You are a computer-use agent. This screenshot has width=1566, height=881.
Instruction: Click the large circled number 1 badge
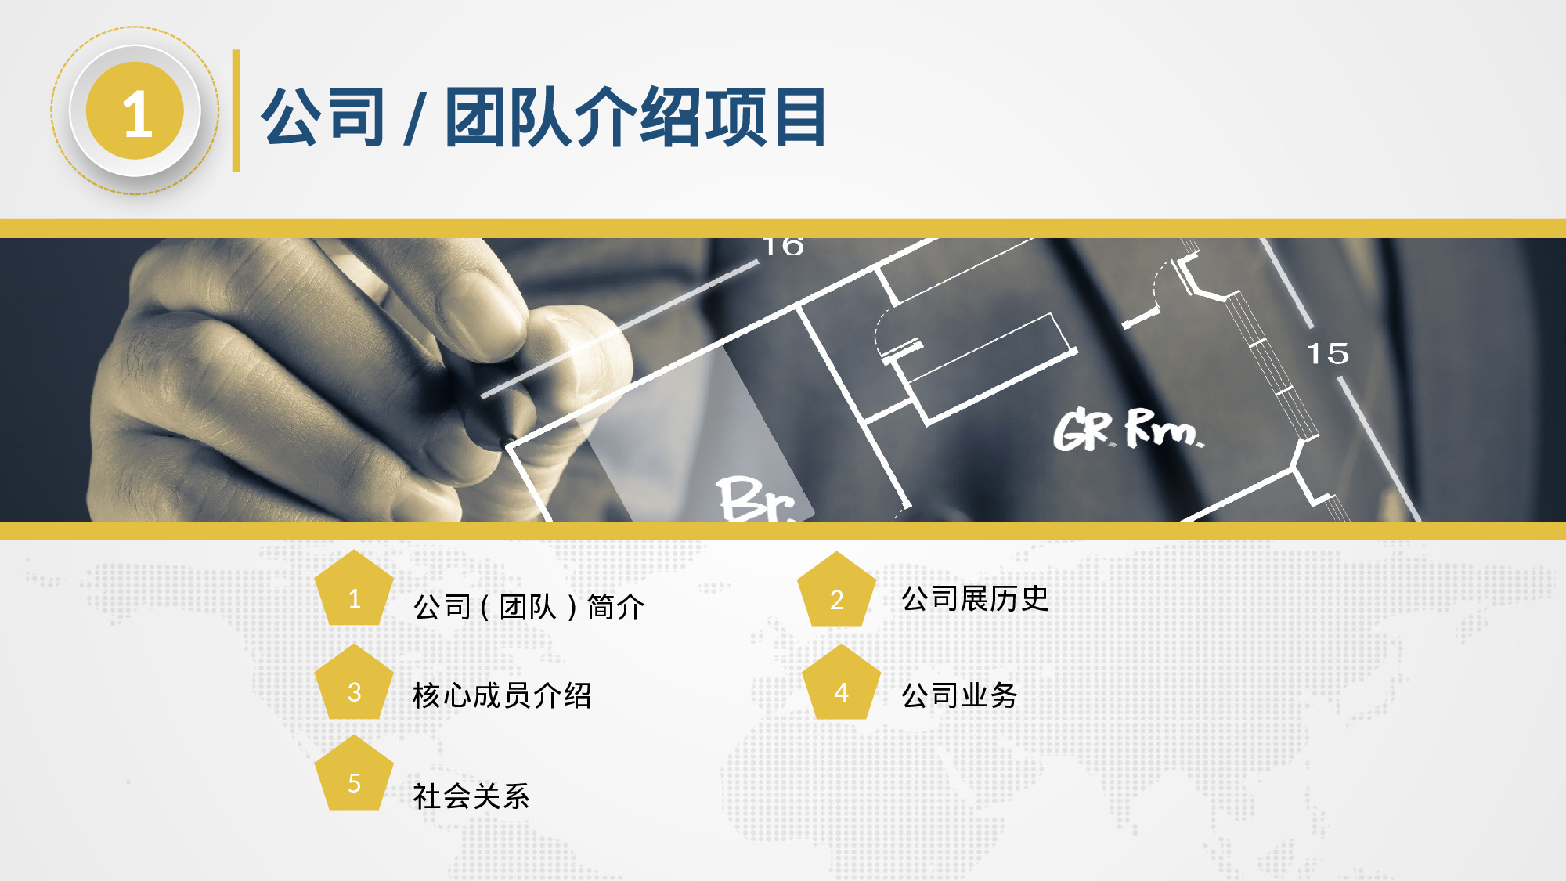pyautogui.click(x=135, y=111)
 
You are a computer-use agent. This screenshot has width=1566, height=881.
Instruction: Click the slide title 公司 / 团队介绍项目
pyautogui.click(x=543, y=117)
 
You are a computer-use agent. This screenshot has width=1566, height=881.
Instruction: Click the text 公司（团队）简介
pyautogui.click(x=529, y=607)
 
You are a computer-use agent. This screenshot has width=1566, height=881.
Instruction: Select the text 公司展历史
pyautogui.click(x=975, y=599)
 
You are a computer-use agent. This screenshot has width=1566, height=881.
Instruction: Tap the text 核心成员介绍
pyautogui.click(x=502, y=695)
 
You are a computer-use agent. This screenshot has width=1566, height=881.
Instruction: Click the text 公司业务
pyautogui.click(x=959, y=695)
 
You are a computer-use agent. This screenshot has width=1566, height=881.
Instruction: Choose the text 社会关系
pyautogui.click(x=471, y=796)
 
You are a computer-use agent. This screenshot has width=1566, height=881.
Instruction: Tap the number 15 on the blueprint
pyautogui.click(x=1328, y=353)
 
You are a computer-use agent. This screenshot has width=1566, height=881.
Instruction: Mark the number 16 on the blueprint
pyautogui.click(x=784, y=246)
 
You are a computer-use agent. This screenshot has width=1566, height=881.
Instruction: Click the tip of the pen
pyautogui.click(x=509, y=441)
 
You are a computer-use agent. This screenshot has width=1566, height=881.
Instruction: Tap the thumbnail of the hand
pyautogui.click(x=313, y=376)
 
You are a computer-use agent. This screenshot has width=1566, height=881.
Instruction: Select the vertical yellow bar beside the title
pyautogui.click(x=236, y=110)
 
